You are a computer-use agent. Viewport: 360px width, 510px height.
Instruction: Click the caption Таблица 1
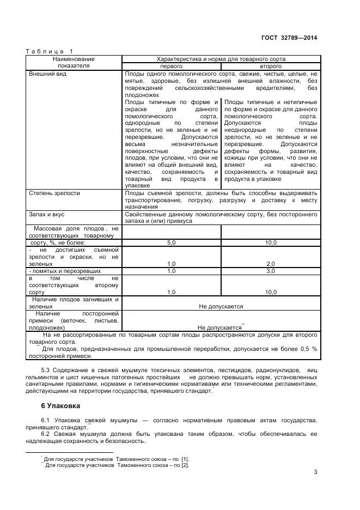[x=49, y=52]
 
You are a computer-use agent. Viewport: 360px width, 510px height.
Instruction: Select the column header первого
[x=171, y=66]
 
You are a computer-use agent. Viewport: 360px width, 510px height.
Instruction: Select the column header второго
[x=271, y=66]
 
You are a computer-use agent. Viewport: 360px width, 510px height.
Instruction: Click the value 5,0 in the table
[x=171, y=242]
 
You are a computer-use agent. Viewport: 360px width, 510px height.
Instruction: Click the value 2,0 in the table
[x=271, y=264]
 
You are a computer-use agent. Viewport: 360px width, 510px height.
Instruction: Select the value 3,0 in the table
[x=271, y=271]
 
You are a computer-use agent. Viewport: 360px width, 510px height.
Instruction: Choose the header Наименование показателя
[x=74, y=62]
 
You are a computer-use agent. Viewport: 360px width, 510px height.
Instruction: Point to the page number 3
[x=315, y=472]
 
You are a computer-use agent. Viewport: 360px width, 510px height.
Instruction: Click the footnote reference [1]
[x=183, y=460]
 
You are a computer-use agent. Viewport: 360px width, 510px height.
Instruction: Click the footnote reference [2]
[x=185, y=465]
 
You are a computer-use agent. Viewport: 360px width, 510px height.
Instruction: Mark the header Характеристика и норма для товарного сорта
[x=221, y=59]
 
